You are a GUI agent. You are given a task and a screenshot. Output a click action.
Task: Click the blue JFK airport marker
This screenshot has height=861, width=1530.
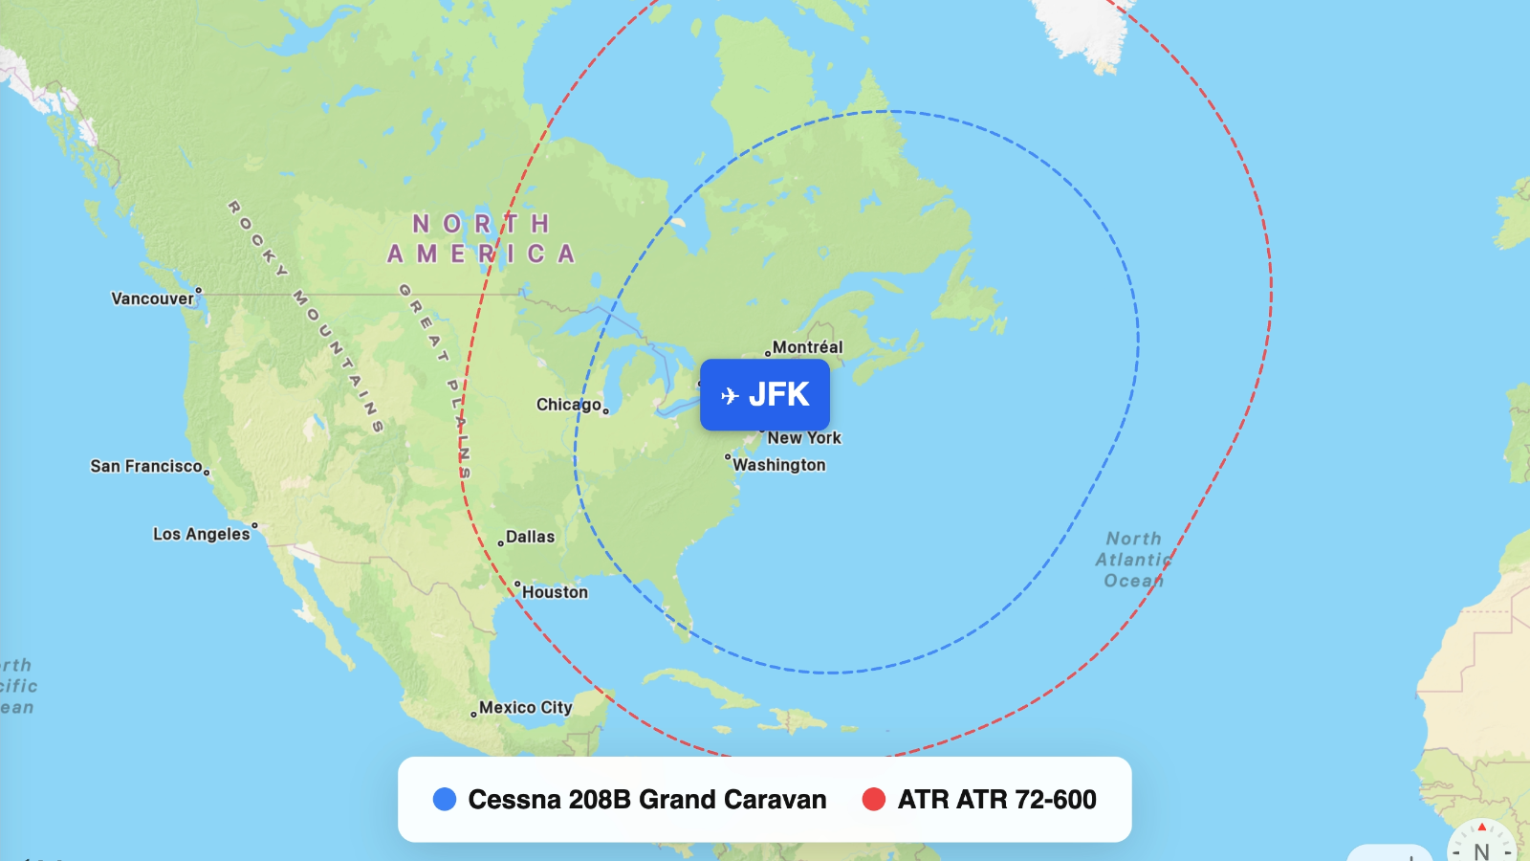[765, 395]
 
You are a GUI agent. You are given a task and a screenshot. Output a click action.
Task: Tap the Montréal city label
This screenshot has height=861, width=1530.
[807, 347]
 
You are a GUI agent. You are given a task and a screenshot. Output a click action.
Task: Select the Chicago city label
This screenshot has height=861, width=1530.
[569, 405]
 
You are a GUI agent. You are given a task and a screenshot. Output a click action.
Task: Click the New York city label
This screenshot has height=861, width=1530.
[803, 438]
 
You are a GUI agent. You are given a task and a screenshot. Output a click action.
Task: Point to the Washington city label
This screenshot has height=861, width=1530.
[778, 465]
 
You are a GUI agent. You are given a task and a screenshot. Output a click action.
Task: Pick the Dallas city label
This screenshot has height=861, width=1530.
[530, 537]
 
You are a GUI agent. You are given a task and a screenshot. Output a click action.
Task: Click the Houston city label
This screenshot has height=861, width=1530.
[555, 592]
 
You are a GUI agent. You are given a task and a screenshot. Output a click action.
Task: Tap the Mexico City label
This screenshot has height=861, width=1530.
[525, 708]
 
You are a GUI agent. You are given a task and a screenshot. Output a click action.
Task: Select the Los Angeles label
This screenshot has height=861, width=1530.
[201, 534]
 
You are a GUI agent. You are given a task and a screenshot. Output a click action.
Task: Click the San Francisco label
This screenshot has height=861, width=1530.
[146, 466]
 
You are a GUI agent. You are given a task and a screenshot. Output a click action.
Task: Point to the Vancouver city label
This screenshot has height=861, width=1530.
[152, 298]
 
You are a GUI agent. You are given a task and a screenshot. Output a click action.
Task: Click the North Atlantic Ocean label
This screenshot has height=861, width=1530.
[1133, 560]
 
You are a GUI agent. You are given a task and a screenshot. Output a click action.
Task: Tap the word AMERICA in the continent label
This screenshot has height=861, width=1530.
[481, 254]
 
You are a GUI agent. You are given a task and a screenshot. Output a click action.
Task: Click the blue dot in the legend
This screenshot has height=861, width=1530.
[445, 800]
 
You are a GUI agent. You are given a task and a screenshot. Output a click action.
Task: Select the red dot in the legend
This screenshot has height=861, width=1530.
[874, 800]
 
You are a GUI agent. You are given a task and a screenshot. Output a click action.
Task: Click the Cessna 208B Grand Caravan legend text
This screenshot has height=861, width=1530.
[647, 800]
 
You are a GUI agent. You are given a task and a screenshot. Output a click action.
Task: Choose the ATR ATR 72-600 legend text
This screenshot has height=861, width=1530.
[996, 800]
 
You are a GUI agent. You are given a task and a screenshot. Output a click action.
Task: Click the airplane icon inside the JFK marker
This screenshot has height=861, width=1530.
[731, 396]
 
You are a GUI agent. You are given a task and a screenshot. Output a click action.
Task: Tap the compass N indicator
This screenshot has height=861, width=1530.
[1481, 849]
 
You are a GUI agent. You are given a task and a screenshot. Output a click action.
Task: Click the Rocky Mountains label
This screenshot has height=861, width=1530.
[306, 316]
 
